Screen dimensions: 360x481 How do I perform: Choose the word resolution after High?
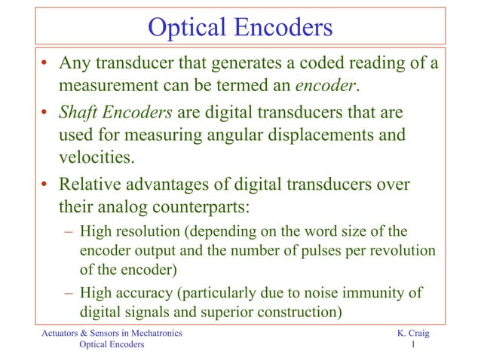tap(141, 231)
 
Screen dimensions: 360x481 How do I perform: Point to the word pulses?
tap(308, 249)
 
